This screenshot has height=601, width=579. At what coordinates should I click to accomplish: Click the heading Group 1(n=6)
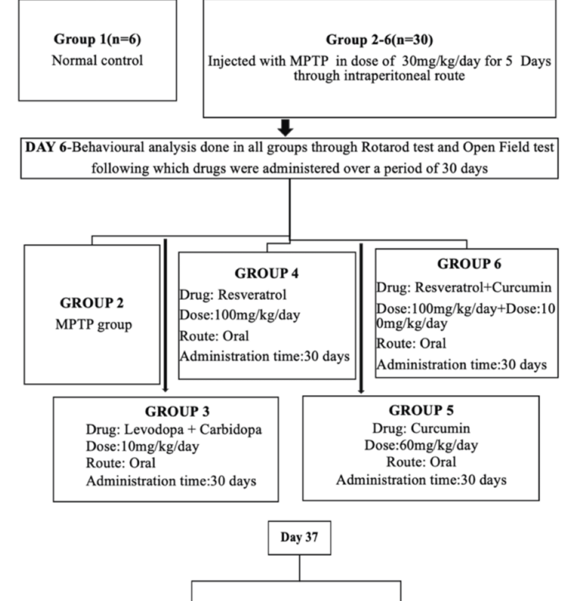[x=97, y=39]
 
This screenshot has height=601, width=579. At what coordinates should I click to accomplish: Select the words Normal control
[x=97, y=60]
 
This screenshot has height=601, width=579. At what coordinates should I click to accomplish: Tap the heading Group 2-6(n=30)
[x=379, y=40]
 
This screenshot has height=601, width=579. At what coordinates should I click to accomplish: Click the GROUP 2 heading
[x=92, y=303]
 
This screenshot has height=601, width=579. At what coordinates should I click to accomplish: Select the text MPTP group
[x=93, y=325]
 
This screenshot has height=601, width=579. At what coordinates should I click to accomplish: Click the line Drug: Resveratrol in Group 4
[x=233, y=294]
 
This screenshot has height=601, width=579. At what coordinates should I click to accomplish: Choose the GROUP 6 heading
[x=469, y=264]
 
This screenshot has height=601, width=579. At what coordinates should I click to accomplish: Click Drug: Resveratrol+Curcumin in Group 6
[x=464, y=288]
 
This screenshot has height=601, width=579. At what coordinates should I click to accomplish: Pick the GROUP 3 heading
[x=177, y=411]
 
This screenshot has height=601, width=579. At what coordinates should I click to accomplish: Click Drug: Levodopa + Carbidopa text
[x=174, y=430]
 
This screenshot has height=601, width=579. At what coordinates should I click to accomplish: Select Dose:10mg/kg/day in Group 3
[x=143, y=447]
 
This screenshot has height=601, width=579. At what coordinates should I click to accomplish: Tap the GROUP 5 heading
[x=421, y=410]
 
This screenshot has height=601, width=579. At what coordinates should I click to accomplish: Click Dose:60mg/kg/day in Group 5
[x=421, y=445]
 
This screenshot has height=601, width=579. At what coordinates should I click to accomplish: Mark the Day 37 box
[x=299, y=538]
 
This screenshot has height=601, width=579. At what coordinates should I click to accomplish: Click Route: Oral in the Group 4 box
[x=214, y=336]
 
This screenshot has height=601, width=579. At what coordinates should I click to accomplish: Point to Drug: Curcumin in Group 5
[x=421, y=428]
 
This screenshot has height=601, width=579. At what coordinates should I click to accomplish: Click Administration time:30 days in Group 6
[x=462, y=364]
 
